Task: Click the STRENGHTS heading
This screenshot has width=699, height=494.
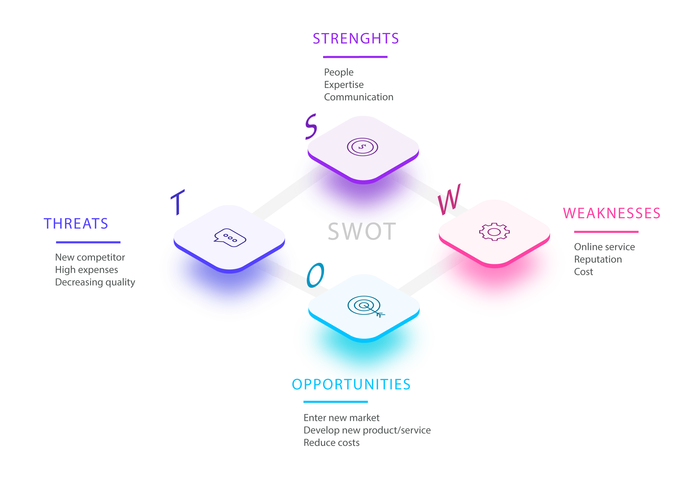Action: [x=356, y=39]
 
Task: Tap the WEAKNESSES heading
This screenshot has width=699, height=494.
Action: [x=612, y=213]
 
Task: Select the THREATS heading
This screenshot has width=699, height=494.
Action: [x=76, y=224]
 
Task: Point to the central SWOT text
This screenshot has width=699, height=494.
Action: [x=361, y=232]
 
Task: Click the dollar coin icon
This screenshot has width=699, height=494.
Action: [x=362, y=147]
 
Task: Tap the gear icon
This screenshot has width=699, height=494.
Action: [x=494, y=232]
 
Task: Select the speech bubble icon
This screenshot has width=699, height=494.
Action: [x=230, y=238]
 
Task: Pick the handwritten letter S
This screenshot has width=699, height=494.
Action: [x=311, y=127]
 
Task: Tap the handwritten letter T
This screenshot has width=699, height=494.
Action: [x=178, y=202]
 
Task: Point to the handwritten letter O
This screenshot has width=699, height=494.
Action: [x=315, y=275]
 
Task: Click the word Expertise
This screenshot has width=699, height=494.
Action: [x=344, y=85]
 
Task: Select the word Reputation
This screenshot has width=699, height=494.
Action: [x=598, y=259]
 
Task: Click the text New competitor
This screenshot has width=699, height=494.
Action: [x=90, y=257]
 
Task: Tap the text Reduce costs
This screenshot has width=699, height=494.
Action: [x=331, y=443]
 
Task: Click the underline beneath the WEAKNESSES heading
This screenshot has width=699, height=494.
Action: [x=606, y=232]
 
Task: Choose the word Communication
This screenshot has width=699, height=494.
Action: [x=359, y=97]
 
